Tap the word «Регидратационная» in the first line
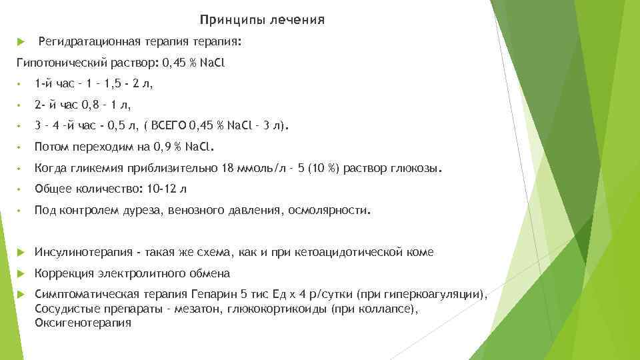coord(89,42)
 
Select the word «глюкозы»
coord(415,169)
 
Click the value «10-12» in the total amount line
coord(163,190)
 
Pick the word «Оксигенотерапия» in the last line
coord(83,323)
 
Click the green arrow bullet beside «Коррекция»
coord(20,273)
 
